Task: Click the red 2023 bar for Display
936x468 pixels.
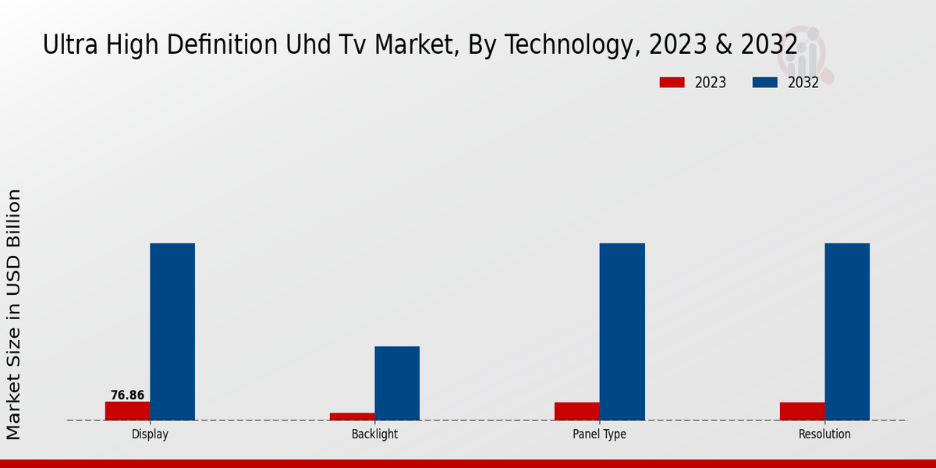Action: pos(127,411)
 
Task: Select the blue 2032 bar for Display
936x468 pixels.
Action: pos(172,331)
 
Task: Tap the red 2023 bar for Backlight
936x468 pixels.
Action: pos(352,417)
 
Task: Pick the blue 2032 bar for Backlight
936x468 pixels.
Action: pos(397,383)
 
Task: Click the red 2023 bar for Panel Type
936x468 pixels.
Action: pos(577,411)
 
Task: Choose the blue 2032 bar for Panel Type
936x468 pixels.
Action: pos(622,331)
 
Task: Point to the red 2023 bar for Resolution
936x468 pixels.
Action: pos(802,411)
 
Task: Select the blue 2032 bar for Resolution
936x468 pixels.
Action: pos(847,331)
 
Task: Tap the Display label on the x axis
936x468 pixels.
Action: pos(150,434)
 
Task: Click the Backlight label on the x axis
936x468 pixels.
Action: pos(374,434)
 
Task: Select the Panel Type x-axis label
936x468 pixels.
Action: pos(599,434)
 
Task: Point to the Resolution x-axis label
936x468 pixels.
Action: pos(824,434)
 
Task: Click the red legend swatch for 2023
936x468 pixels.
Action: pos(672,83)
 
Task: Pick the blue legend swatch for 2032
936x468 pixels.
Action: pos(764,83)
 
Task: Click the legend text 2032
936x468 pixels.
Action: pos(803,83)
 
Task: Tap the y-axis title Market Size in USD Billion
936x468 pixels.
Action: pos(14,314)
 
